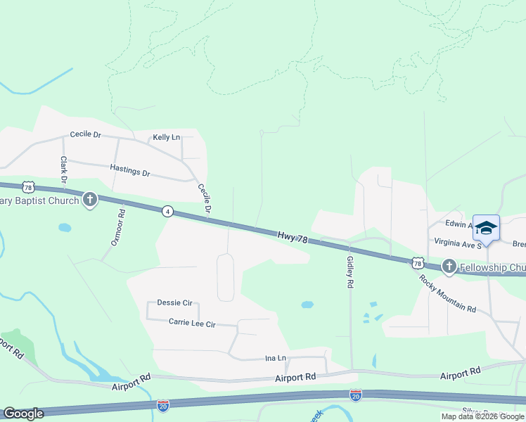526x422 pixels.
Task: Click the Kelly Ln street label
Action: [x=167, y=137]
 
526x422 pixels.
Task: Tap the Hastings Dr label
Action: [x=130, y=171]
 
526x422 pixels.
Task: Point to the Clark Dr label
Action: [x=63, y=170]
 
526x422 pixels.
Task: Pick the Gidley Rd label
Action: [x=349, y=272]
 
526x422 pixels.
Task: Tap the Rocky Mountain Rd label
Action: [x=448, y=294]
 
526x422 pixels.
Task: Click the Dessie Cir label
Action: [x=174, y=303]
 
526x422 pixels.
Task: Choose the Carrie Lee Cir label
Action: [x=192, y=323]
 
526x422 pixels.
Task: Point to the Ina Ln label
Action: [x=275, y=358]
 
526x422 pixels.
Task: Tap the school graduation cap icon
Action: [x=486, y=229]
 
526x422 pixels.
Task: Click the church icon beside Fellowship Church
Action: [x=449, y=267]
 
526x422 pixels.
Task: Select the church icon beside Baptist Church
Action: [x=89, y=200]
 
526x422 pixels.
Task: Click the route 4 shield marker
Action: [x=167, y=211]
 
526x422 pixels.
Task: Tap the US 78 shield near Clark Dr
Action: [x=27, y=186]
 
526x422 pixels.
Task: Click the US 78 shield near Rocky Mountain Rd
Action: [x=418, y=263]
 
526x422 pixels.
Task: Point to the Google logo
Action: [x=23, y=414]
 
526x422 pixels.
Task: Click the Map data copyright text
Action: [x=482, y=416]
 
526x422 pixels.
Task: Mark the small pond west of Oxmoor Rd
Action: [x=65, y=228]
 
